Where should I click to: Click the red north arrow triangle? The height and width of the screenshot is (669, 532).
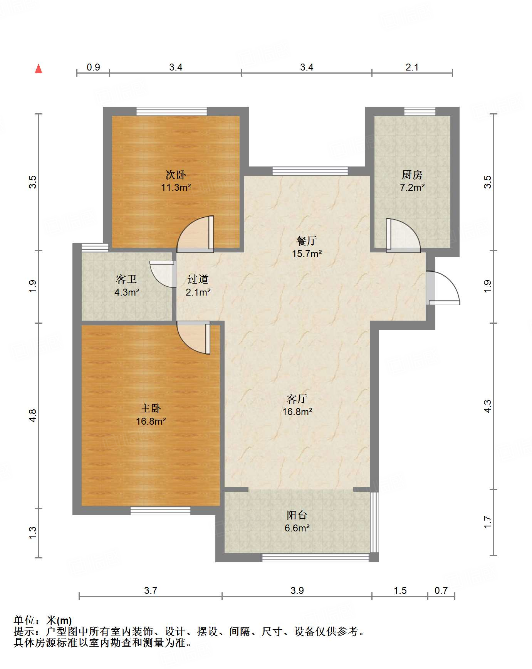pyautogui.click(x=39, y=69)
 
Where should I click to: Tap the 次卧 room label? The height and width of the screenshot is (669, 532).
pyautogui.click(x=176, y=175)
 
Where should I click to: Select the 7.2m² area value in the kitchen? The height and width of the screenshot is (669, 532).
pyautogui.click(x=412, y=188)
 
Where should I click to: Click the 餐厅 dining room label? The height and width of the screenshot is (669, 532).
pyautogui.click(x=307, y=241)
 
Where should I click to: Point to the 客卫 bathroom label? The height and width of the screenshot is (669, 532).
pyautogui.click(x=126, y=279)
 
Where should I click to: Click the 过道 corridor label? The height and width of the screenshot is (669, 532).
pyautogui.click(x=198, y=279)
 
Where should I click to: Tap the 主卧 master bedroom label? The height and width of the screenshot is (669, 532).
pyautogui.click(x=151, y=408)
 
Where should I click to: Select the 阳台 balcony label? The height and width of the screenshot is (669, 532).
pyautogui.click(x=297, y=515)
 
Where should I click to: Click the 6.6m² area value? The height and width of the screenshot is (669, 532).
pyautogui.click(x=297, y=528)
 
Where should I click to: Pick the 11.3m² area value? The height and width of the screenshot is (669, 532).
pyautogui.click(x=176, y=188)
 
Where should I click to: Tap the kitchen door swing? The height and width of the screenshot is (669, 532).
pyautogui.click(x=404, y=235)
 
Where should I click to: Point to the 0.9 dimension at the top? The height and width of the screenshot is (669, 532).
pyautogui.click(x=93, y=67)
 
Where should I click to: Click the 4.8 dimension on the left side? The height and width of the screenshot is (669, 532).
pyautogui.click(x=33, y=415)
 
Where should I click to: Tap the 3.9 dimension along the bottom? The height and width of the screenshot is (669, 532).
pyautogui.click(x=297, y=591)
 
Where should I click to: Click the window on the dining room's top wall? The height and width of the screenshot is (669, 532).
pyautogui.click(x=310, y=171)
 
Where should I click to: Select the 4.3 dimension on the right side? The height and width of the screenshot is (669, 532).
pyautogui.click(x=488, y=406)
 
